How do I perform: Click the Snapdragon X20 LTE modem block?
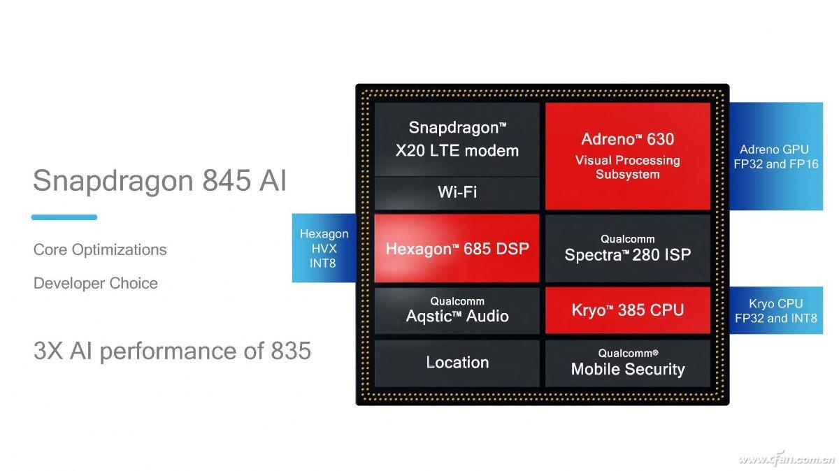tap(457, 139)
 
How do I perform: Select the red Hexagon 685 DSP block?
tap(457, 248)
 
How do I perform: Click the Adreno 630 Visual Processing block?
tap(627, 156)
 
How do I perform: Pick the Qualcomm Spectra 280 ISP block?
tap(627, 248)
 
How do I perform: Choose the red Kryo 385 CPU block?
tap(627, 310)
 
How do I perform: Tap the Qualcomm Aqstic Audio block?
tap(457, 310)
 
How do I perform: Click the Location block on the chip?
tap(457, 363)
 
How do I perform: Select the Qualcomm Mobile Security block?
tap(627, 363)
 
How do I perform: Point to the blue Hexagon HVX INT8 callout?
tap(323, 248)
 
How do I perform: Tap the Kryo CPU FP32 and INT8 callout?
tap(775, 310)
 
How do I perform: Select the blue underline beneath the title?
tap(64, 217)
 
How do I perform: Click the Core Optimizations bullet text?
tap(100, 249)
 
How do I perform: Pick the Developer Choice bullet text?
tap(96, 283)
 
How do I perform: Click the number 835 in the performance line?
tap(290, 351)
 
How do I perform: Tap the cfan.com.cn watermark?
tap(787, 458)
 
